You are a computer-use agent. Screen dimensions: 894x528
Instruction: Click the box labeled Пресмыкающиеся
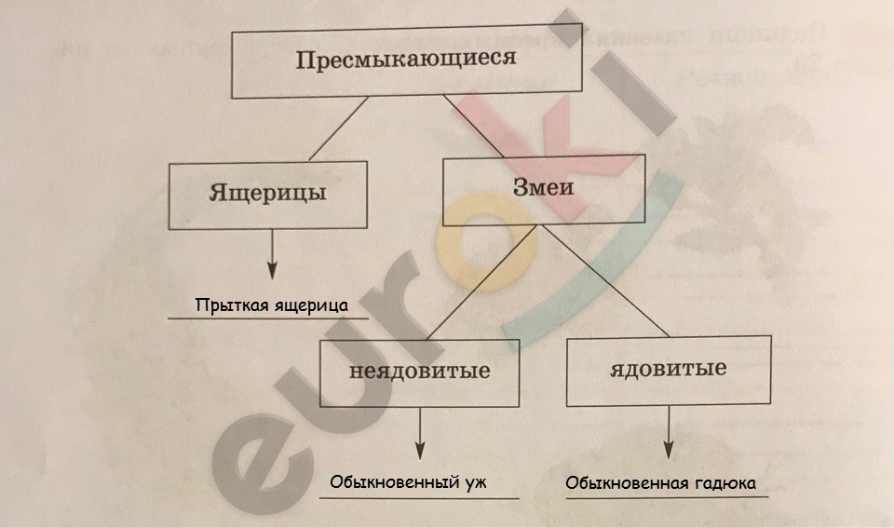[407, 61]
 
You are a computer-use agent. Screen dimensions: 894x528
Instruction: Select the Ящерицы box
[267, 195]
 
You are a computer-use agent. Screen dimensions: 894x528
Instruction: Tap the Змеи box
[544, 189]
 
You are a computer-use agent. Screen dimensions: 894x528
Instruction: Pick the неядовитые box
[419, 372]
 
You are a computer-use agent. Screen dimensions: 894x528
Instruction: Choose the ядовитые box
[669, 371]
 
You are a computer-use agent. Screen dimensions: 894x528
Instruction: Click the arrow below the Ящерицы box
[272, 254]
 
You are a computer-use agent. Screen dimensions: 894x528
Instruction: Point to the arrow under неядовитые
[420, 433]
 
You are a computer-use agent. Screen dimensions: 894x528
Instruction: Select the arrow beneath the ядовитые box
[669, 432]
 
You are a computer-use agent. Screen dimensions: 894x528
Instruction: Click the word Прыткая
[232, 305]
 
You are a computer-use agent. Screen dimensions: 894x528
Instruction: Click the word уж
[476, 483]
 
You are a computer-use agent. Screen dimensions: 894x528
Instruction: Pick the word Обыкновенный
[395, 482]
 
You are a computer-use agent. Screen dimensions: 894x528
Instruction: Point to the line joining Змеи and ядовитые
[605, 280]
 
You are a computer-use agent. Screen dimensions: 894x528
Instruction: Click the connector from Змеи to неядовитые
[481, 283]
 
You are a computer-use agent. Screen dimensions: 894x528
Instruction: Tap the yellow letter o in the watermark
[486, 242]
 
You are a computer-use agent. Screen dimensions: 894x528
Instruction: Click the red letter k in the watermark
[548, 149]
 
